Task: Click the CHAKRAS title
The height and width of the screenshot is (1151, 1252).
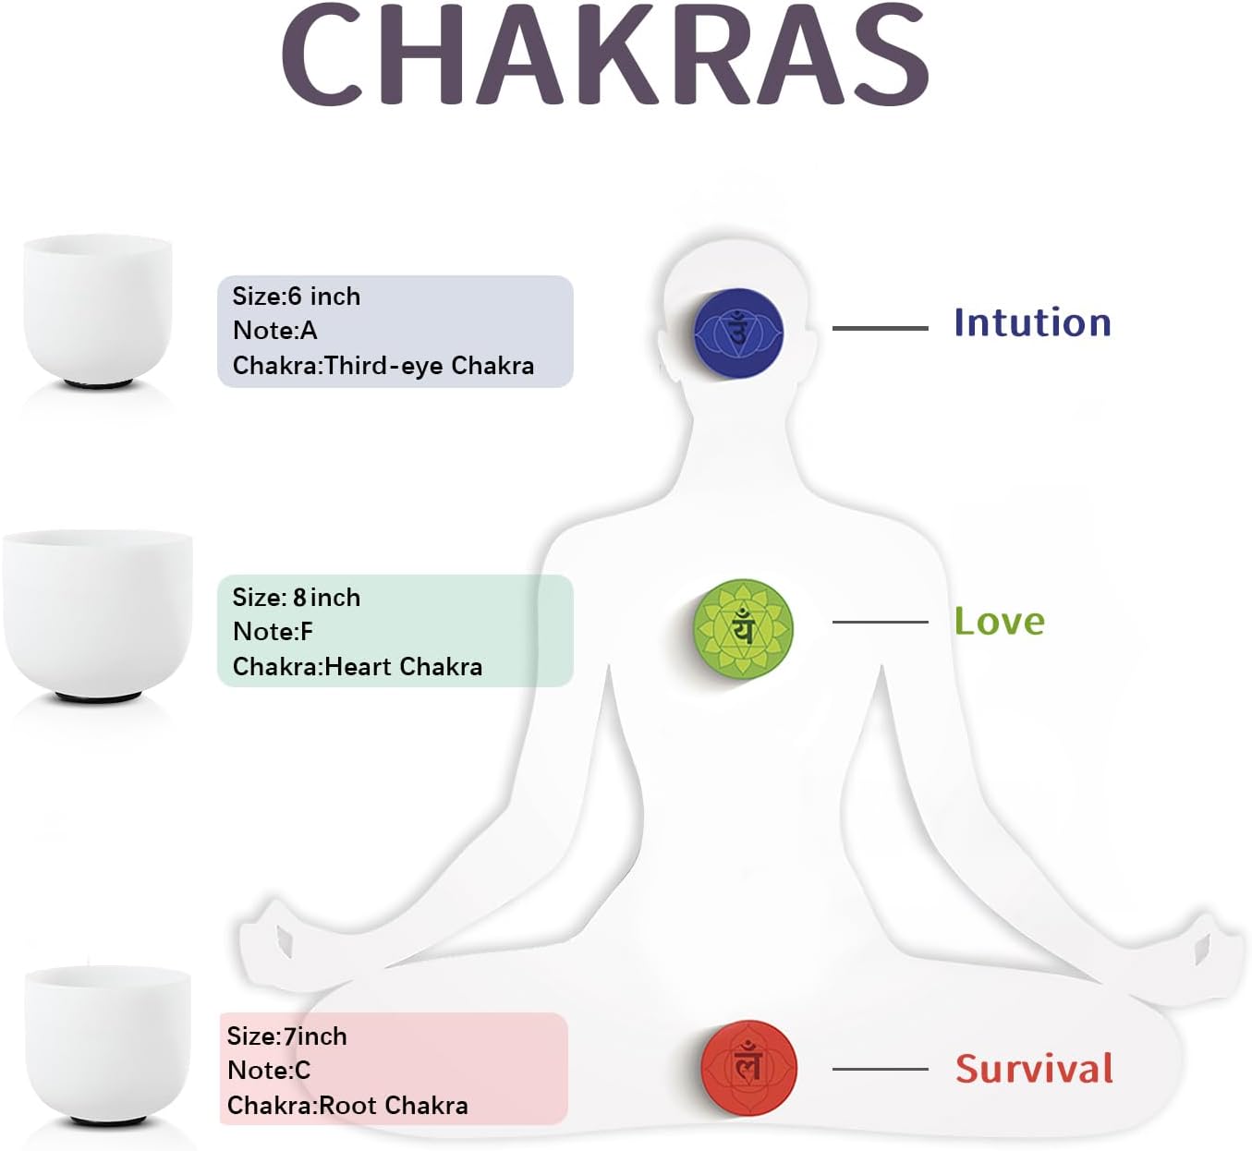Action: pyautogui.click(x=605, y=54)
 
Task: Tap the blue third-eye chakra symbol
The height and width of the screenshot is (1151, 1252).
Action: pyautogui.click(x=739, y=333)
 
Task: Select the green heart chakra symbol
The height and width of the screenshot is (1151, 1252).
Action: pyautogui.click(x=743, y=628)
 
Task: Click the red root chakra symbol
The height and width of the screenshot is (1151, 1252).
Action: pyautogui.click(x=748, y=1067)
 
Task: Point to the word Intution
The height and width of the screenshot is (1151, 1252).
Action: pyautogui.click(x=1032, y=322)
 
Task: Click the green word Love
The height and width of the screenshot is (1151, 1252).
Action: pyautogui.click(x=999, y=621)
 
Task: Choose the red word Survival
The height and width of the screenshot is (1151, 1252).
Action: pyautogui.click(x=1034, y=1068)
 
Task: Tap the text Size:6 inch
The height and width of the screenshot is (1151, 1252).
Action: pyautogui.click(x=297, y=296)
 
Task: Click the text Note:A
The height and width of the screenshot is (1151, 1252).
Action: pyautogui.click(x=274, y=330)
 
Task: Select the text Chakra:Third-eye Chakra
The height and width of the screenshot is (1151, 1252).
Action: pyautogui.click(x=383, y=366)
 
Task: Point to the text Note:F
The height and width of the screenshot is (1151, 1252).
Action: pyautogui.click(x=273, y=632)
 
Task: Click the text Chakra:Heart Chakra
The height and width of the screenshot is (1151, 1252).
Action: pyautogui.click(x=358, y=667)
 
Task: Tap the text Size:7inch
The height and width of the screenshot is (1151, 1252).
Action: pyautogui.click(x=286, y=1036)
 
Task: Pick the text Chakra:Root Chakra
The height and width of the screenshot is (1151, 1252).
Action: pyautogui.click(x=347, y=1106)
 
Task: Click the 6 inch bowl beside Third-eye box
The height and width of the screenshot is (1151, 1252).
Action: pyautogui.click(x=98, y=311)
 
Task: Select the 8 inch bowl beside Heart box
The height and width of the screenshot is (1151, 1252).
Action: pyautogui.click(x=98, y=616)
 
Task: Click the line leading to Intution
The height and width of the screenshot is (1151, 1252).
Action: pyautogui.click(x=880, y=328)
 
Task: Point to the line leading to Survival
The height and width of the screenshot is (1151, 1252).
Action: pyautogui.click(x=880, y=1069)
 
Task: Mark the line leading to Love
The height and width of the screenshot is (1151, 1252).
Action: pyautogui.click(x=880, y=623)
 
